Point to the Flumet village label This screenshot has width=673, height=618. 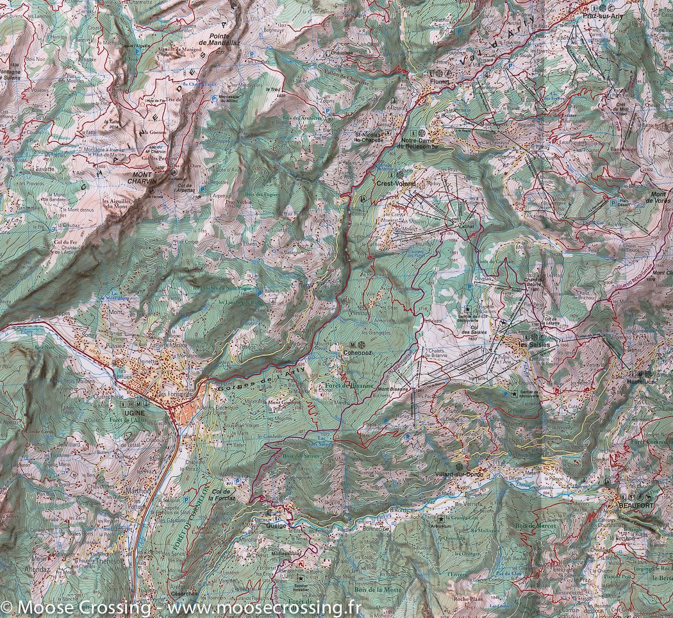click(x=442, y=83)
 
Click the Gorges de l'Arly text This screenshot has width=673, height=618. click(x=256, y=381)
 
